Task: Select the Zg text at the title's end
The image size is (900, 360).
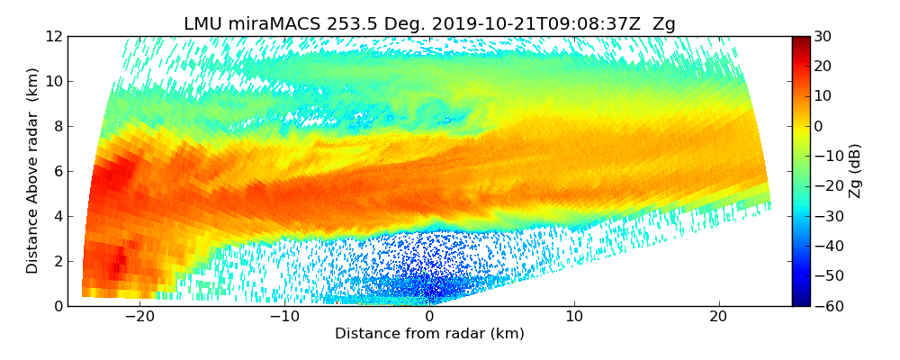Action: [x=663, y=24]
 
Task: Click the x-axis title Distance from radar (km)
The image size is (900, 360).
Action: [x=429, y=334]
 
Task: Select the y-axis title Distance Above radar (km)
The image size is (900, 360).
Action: [x=33, y=171]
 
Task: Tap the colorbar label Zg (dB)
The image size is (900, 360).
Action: [x=855, y=171]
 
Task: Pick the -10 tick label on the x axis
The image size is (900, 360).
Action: [x=284, y=317]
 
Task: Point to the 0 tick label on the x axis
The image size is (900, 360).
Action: [x=429, y=317]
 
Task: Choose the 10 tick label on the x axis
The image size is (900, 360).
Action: [x=574, y=317]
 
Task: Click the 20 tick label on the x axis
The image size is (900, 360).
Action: [x=718, y=317]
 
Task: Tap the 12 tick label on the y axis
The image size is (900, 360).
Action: [x=53, y=36]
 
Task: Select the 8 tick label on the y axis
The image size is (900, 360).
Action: [x=57, y=126]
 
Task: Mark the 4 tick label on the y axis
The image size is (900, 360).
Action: [x=57, y=216]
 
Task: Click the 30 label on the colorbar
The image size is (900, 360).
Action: [x=823, y=36]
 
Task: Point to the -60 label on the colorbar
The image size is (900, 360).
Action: [x=825, y=306]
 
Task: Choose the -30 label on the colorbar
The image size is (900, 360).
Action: [x=825, y=216]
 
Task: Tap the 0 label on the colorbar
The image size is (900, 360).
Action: [x=818, y=126]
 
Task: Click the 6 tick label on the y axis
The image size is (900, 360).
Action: [x=57, y=171]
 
